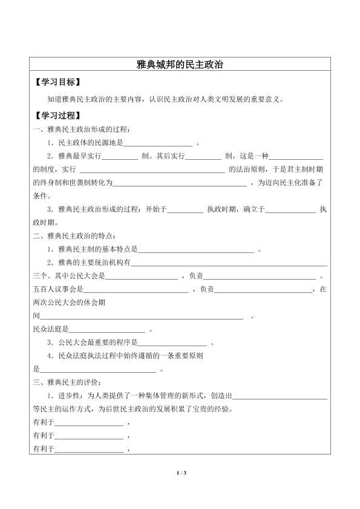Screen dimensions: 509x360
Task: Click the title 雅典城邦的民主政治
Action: coord(180,64)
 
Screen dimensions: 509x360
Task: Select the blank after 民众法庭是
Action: coord(108,330)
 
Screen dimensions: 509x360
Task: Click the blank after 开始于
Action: coord(185,210)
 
